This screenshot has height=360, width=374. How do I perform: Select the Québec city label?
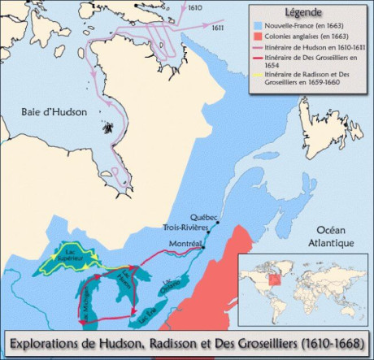[203, 217]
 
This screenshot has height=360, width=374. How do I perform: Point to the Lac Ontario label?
[184, 288]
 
